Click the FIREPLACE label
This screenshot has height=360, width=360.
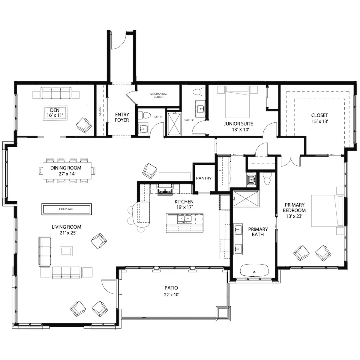pyautogui.click(x=66, y=209)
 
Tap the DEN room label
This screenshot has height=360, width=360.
pyautogui.click(x=55, y=110)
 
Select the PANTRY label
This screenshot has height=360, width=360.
pyautogui.click(x=204, y=178)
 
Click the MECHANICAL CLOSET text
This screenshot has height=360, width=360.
pyautogui.click(x=159, y=95)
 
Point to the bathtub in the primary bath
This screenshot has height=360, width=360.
pyautogui.click(x=254, y=270)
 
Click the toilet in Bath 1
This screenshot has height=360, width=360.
pyautogui.click(x=144, y=115)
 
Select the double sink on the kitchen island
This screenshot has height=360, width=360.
pyautogui.click(x=184, y=219)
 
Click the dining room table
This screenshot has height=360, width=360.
pyautogui.click(x=67, y=171)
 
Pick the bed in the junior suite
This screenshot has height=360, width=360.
pyautogui.click(x=237, y=102)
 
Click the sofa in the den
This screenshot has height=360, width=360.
pyautogui.click(x=56, y=93)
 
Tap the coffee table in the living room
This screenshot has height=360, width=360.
pyautogui.click(x=66, y=251)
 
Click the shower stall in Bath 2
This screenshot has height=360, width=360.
pyautogui.click(x=174, y=124)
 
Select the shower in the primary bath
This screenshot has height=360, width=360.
pyautogui.click(x=246, y=199)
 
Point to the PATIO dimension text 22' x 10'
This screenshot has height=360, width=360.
pyautogui.click(x=172, y=295)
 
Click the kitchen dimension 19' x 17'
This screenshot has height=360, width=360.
pyautogui.click(x=184, y=207)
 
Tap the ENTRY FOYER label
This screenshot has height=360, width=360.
pyautogui.click(x=122, y=117)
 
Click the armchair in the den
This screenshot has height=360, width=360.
pyautogui.click(x=84, y=125)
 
